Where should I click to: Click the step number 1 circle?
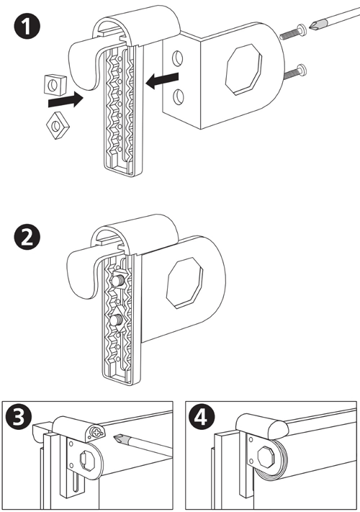coord(27,27)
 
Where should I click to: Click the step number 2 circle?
coord(27,236)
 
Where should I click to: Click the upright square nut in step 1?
coord(55,84)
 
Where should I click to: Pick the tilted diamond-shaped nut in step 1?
coord(58,125)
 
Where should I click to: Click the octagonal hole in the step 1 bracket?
coord(244,69)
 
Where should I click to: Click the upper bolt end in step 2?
coord(117,280)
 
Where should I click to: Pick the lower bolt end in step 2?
coord(117,320)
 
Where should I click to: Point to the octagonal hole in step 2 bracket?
coord(184,282)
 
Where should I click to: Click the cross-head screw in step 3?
coord(97,434)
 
